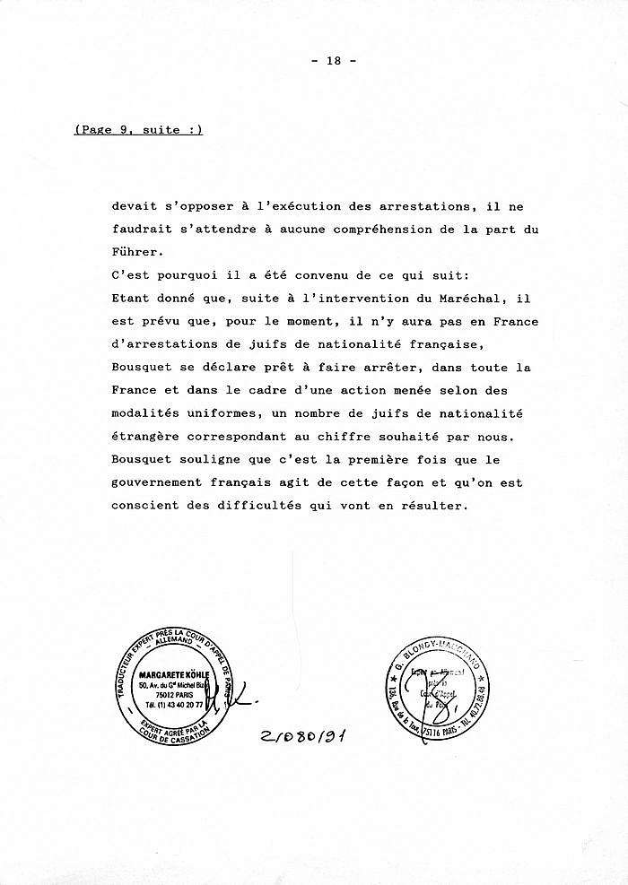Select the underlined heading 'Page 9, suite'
[x=139, y=129]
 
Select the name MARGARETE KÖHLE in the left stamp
[x=173, y=673]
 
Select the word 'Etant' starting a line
[x=133, y=299]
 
